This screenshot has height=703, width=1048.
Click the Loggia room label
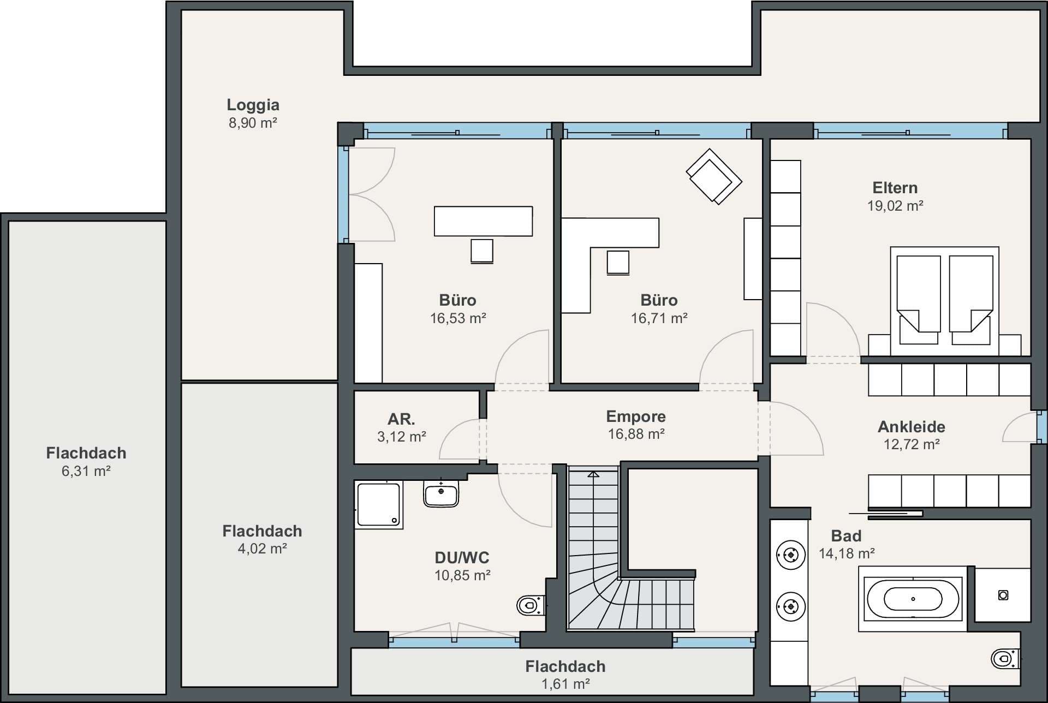253,104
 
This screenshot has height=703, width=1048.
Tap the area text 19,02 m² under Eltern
895,206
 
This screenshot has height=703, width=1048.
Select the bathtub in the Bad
913,599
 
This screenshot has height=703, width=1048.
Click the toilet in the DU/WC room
531,605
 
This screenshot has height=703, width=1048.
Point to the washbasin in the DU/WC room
441,493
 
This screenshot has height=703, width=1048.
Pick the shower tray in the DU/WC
379,505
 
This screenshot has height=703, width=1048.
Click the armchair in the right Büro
713,176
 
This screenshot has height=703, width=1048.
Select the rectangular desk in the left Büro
483,221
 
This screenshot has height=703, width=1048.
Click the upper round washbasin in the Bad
790,556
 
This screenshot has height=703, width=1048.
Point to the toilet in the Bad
1004,659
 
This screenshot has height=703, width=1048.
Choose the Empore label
636,416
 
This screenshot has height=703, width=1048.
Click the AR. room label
401,419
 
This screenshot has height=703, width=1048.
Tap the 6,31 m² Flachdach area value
86,471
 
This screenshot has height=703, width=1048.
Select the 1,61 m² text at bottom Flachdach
565,684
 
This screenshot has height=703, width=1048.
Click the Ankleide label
912,427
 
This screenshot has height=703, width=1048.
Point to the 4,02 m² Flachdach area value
262,549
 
